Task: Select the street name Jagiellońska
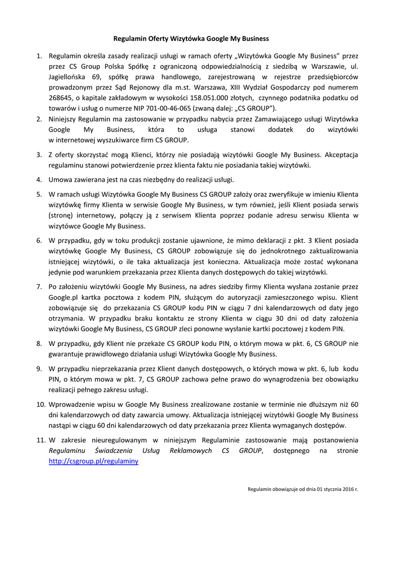(71, 77)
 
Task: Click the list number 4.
(39, 180)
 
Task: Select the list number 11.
(40, 440)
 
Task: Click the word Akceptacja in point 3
(339, 155)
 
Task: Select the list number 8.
(39, 343)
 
